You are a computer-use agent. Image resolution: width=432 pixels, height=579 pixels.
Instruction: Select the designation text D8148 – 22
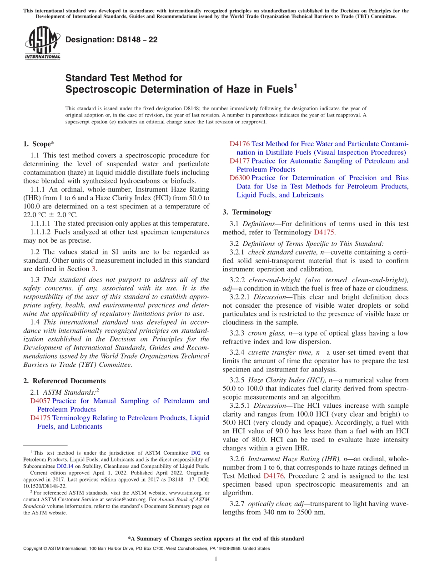tap(111, 40)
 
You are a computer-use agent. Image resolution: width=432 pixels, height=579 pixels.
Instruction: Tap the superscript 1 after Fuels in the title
tap(295, 85)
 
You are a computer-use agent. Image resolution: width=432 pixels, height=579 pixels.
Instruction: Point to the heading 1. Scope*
tap(39, 144)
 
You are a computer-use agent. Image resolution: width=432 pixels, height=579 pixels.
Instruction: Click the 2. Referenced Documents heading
tap(64, 381)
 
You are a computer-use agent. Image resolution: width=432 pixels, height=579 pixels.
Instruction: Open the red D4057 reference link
tap(40, 401)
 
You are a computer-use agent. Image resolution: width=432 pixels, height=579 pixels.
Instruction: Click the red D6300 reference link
tap(240, 178)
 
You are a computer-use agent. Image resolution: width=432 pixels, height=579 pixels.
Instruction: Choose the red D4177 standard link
tap(240, 161)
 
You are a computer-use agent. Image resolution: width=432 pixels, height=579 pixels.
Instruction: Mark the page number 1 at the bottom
tap(216, 559)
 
